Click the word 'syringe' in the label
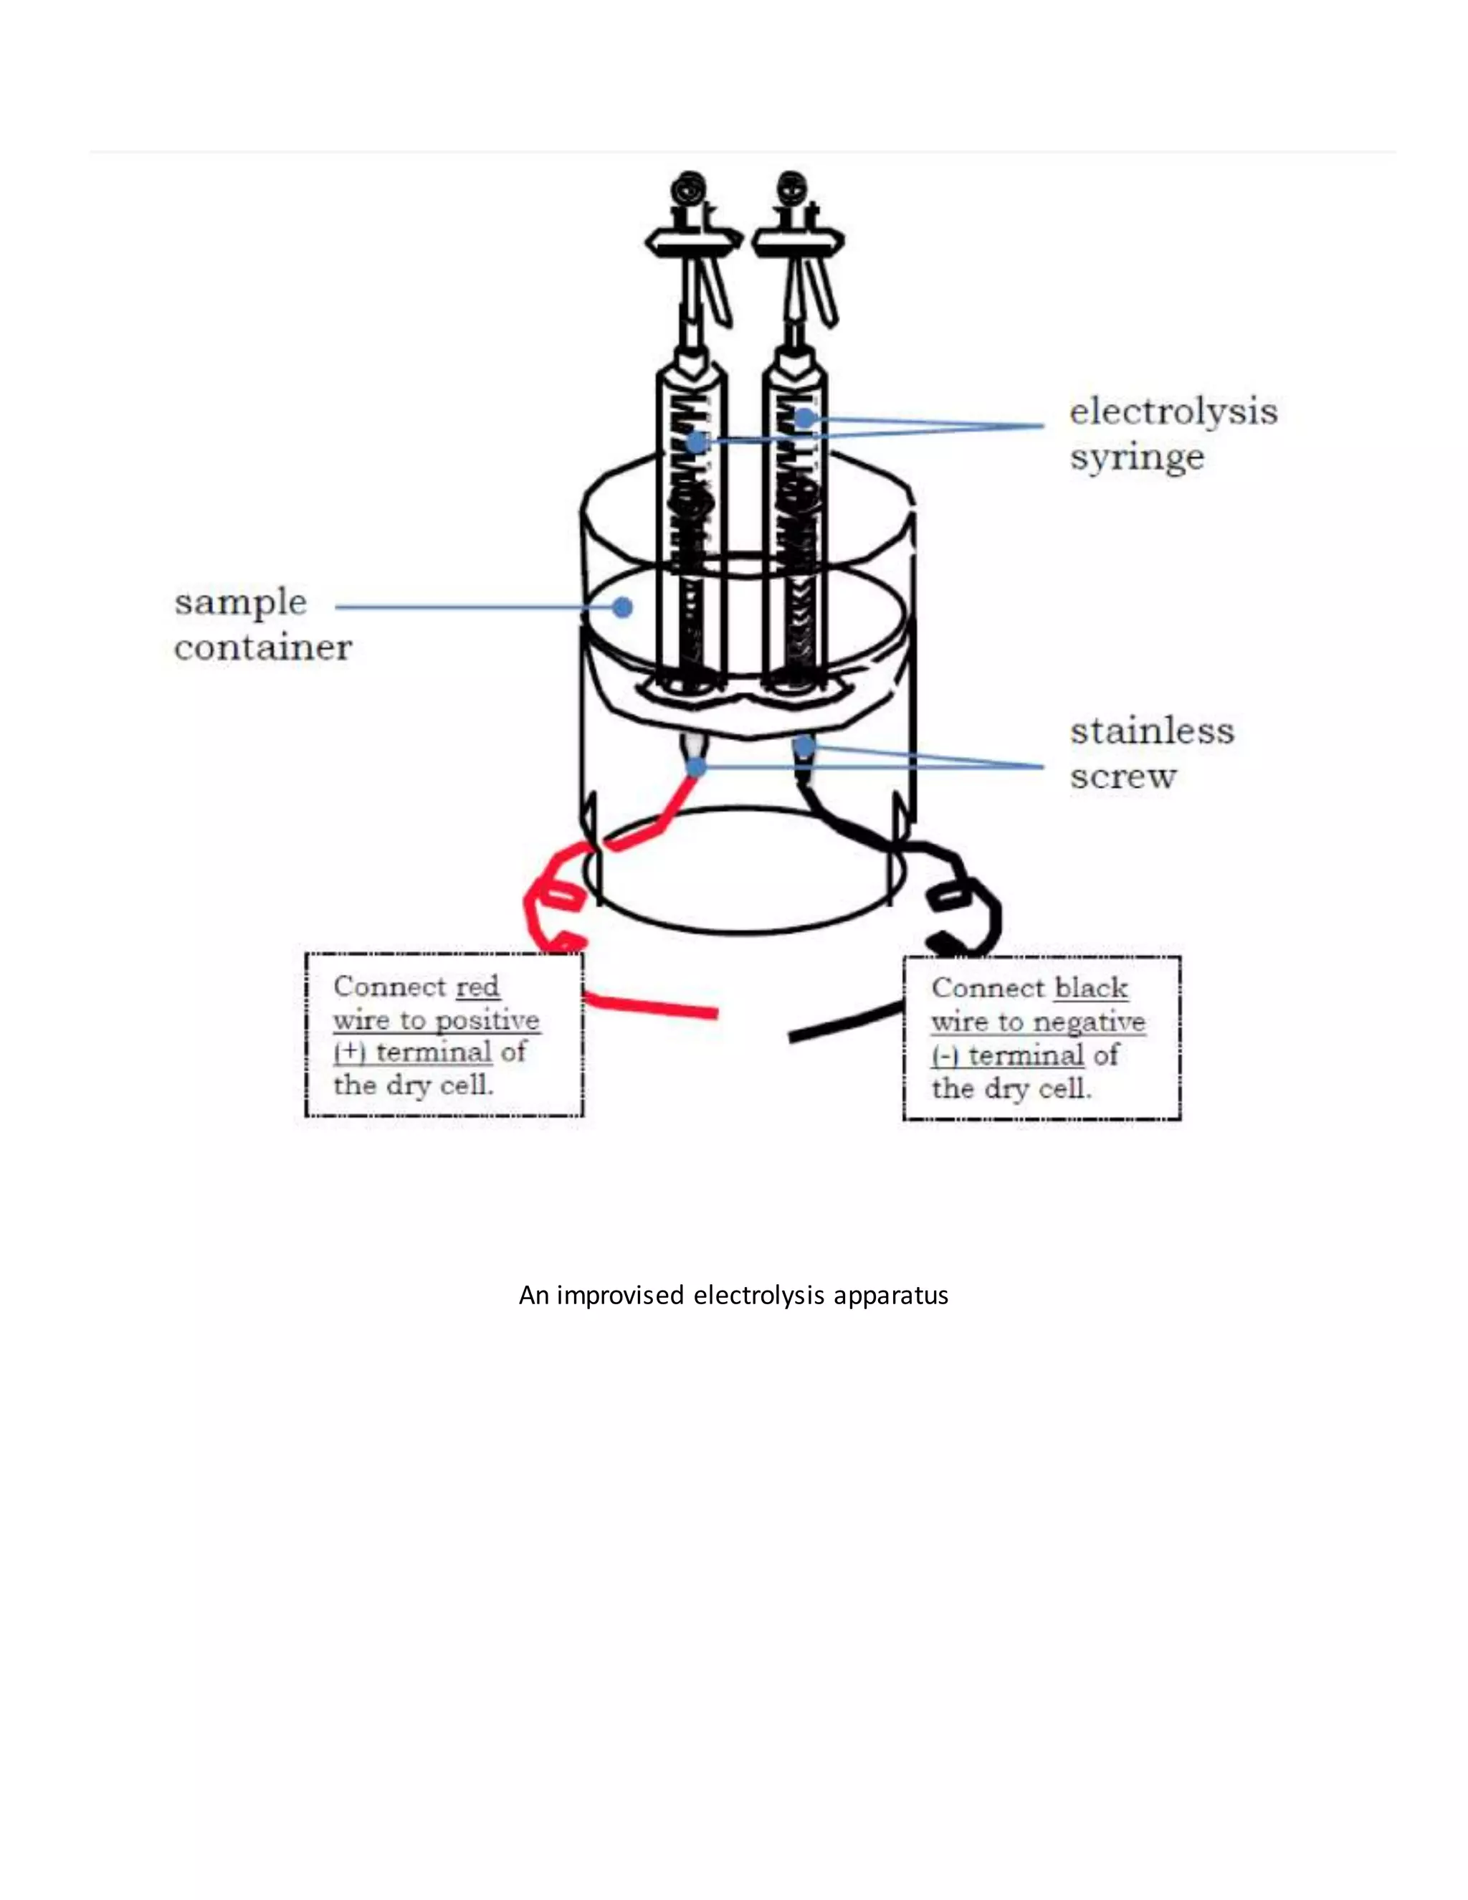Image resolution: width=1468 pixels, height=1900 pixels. (1136, 457)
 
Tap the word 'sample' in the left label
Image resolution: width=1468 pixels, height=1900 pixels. (240, 602)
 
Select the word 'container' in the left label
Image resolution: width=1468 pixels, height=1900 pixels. (262, 647)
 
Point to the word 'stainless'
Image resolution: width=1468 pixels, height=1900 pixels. (1151, 731)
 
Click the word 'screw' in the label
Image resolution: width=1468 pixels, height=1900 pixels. (1123, 776)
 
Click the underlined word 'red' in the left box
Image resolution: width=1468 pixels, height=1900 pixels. (477, 987)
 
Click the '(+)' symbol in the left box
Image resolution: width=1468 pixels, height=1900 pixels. (349, 1053)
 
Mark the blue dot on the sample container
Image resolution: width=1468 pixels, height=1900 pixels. (621, 607)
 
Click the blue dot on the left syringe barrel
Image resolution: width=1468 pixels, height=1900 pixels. (696, 443)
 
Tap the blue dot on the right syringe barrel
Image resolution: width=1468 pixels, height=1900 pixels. (804, 419)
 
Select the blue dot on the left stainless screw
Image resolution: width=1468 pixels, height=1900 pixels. (697, 766)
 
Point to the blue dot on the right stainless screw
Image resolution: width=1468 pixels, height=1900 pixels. (804, 746)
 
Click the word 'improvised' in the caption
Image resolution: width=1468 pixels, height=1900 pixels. (619, 1296)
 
